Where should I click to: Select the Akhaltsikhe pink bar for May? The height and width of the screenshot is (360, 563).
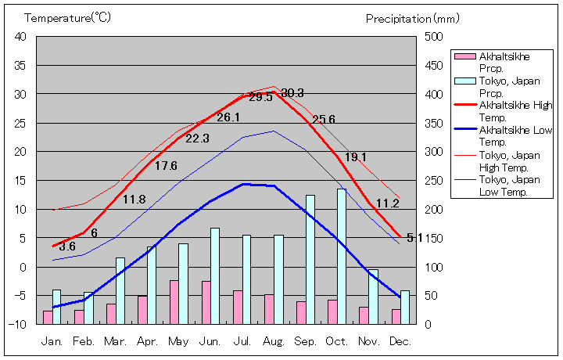pos(174,302)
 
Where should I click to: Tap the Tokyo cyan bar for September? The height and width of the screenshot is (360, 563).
pos(310,259)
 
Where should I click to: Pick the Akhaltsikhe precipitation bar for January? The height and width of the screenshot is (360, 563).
pos(48,317)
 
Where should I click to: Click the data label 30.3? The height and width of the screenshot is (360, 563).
pos(292,93)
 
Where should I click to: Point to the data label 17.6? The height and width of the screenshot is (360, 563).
pos(166,166)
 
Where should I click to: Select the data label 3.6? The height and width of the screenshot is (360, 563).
pos(67,247)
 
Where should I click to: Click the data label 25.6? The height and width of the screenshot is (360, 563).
pos(323,120)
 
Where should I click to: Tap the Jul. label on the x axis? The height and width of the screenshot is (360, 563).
pos(242,341)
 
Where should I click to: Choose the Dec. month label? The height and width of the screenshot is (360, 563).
pos(400,341)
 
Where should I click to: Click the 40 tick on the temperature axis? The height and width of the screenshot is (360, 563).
pos(20,37)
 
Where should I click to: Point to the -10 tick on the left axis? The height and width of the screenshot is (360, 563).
pos(19,324)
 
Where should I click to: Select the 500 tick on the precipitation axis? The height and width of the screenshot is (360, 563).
pos(434,37)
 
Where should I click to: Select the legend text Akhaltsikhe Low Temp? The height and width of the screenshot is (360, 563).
pos(509,136)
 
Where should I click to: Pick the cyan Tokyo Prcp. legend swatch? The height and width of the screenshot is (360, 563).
pos(464,81)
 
